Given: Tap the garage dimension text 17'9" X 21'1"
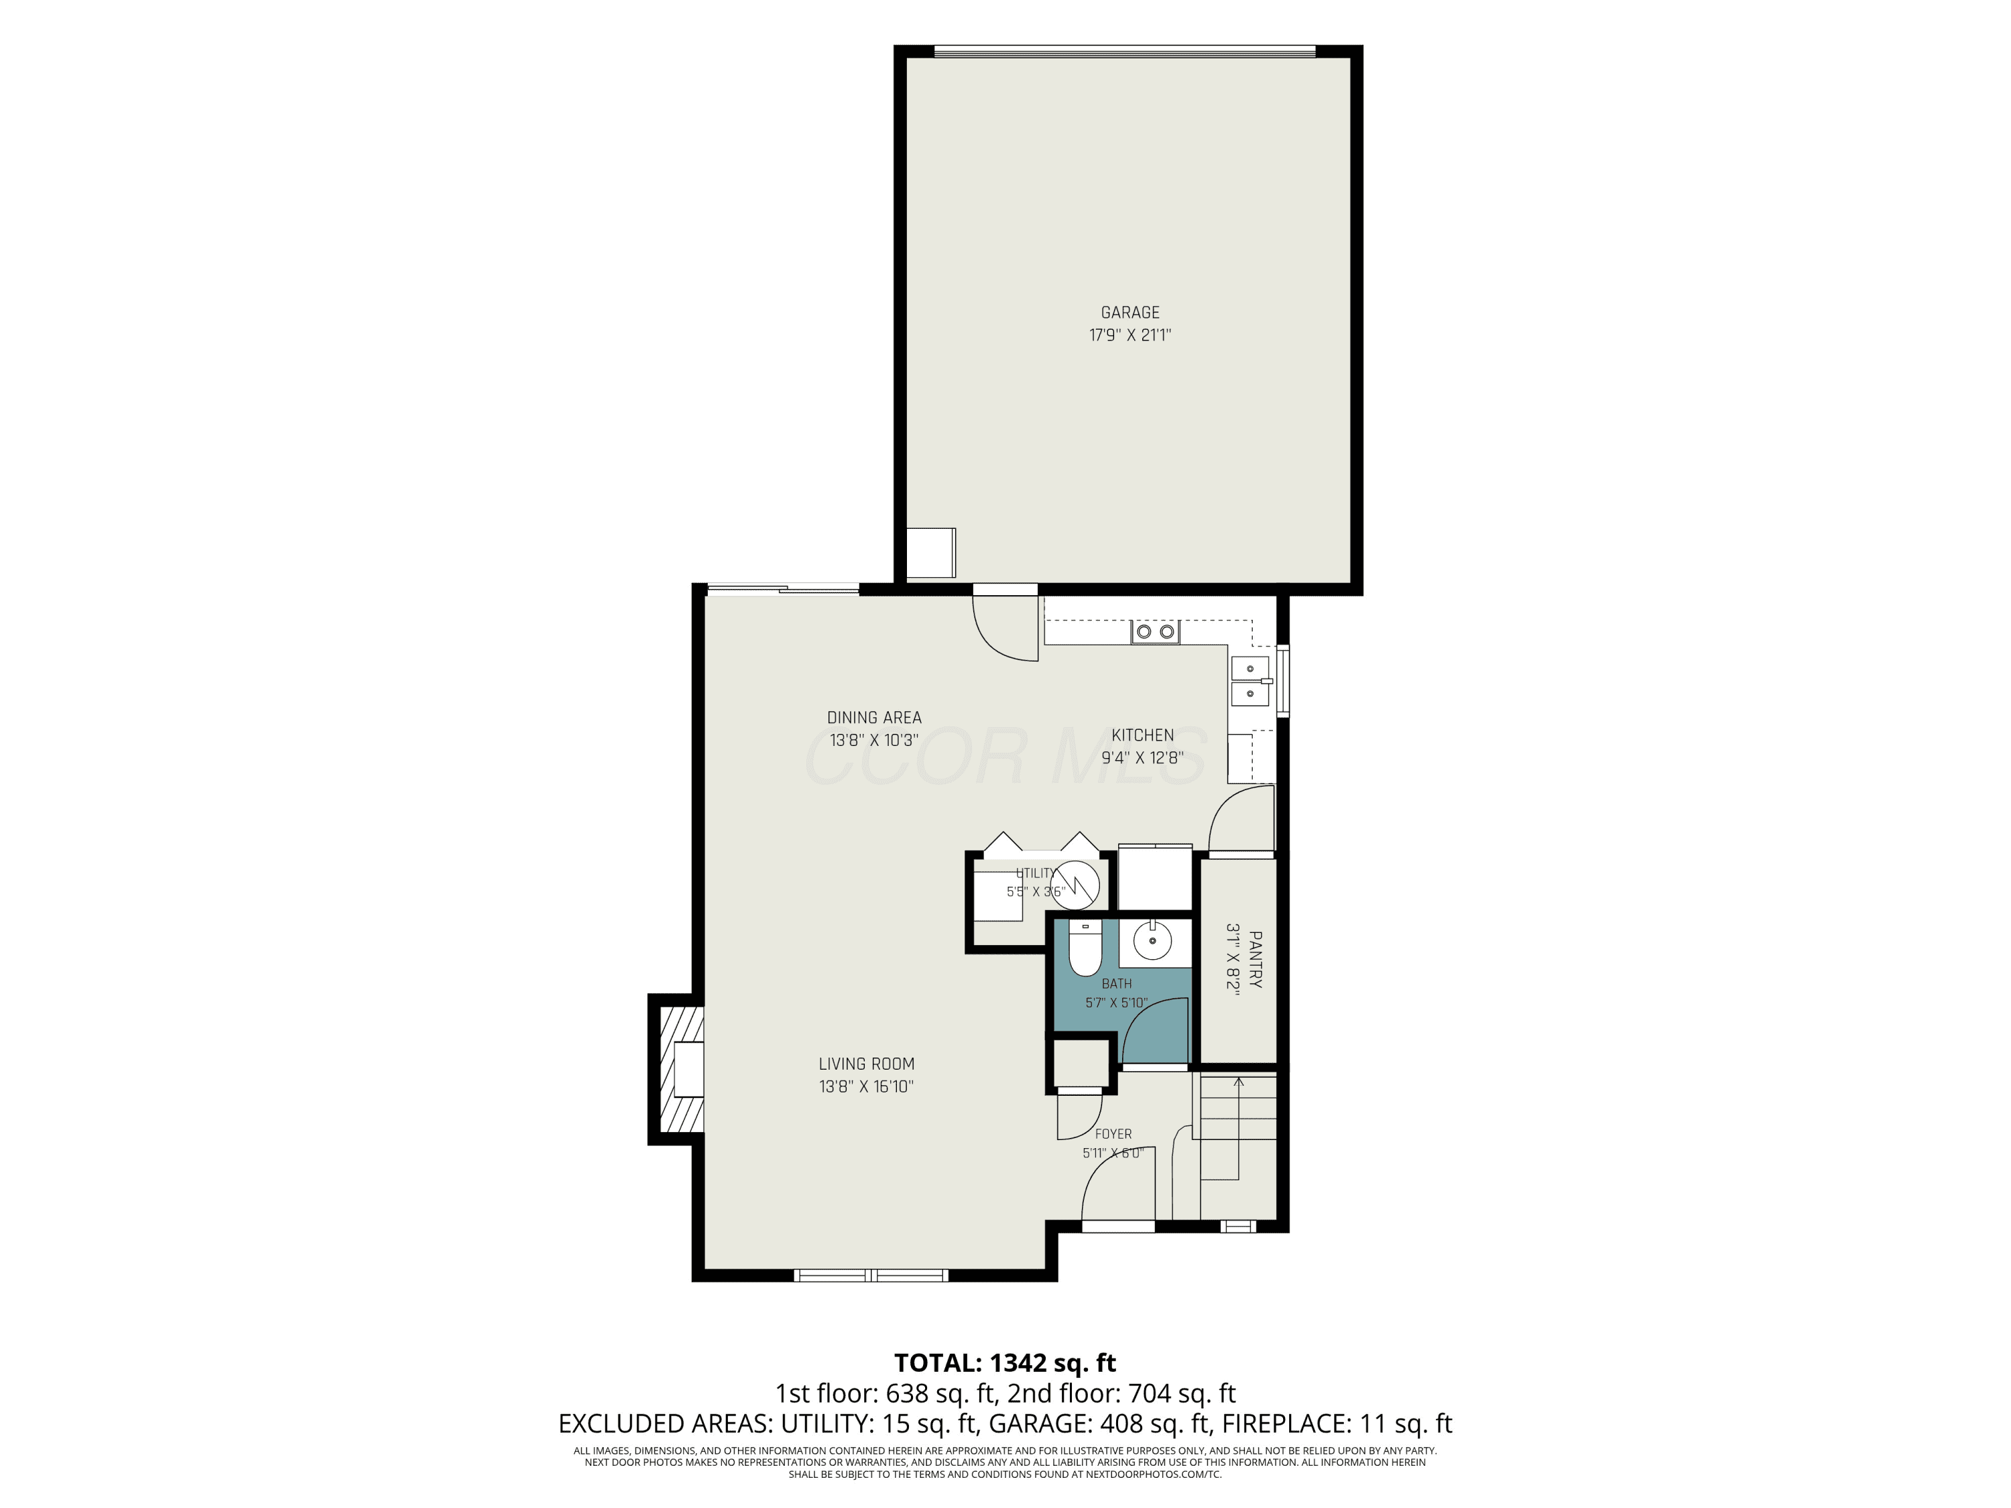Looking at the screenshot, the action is (1130, 335).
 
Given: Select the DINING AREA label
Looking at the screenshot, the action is (873, 718).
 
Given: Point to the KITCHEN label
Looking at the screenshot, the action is (1143, 735).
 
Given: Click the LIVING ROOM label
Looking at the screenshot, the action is (866, 1064).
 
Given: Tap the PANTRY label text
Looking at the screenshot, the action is (1256, 959).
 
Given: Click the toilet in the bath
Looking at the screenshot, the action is (1085, 948).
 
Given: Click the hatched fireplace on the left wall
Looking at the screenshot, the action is (676, 1069).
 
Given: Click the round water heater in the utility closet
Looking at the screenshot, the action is (1075, 885).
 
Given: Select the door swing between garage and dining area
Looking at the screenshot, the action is (1005, 628).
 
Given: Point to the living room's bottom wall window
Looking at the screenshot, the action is (871, 1275).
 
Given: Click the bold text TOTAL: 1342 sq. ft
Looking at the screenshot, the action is (1005, 1363).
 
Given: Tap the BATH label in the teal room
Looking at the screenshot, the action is (1116, 983).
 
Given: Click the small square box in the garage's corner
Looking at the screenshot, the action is (932, 552).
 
